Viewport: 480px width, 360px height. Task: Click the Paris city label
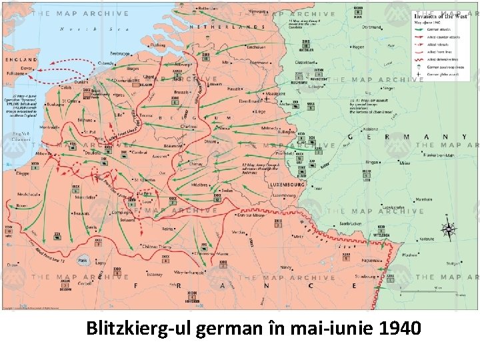pos(83,261)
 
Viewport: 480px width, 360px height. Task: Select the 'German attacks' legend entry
pos(440,31)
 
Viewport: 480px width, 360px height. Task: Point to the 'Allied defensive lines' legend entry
pos(441,60)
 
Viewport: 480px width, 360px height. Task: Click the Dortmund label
pos(372,27)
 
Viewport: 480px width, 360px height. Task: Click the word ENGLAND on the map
pos(21,59)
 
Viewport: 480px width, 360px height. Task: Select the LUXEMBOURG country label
pos(287,184)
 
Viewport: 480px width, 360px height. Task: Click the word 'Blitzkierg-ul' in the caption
pos(137,328)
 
